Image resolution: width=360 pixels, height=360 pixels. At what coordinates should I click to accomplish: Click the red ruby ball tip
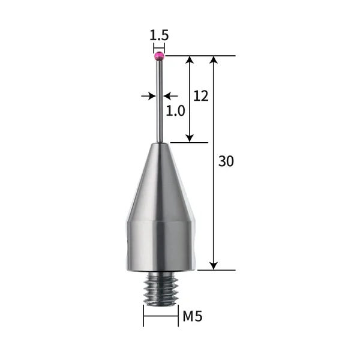coord(159,56)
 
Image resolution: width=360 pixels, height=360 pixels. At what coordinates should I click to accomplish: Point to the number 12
coord(201,95)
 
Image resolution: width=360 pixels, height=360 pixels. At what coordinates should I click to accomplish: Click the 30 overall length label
coord(226,161)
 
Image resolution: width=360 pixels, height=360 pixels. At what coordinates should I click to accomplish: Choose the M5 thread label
coord(193,316)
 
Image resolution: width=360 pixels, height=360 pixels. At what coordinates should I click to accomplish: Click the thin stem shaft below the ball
coord(159,102)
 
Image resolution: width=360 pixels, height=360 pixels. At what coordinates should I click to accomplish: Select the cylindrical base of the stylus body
coord(160,243)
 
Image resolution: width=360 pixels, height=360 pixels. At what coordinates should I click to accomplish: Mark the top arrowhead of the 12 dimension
coord(190,61)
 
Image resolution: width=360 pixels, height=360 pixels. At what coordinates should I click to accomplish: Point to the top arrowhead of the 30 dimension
coord(214,61)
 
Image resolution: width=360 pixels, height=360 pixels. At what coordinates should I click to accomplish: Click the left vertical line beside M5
coord(143,316)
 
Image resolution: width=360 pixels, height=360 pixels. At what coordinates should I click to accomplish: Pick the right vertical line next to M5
coord(178,316)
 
